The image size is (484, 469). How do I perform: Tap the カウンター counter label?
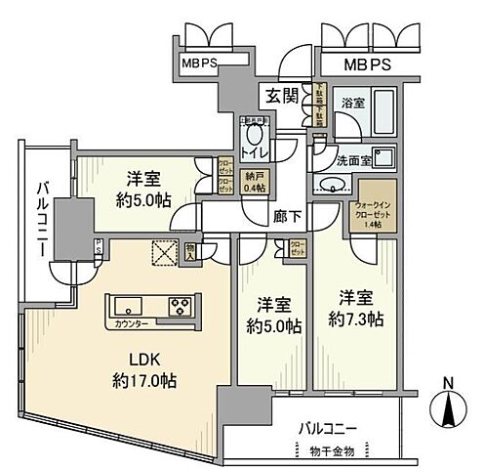tap(126, 320)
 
